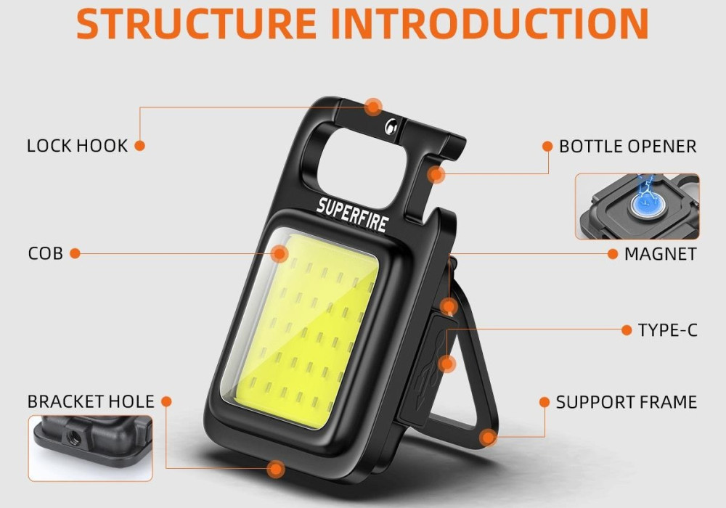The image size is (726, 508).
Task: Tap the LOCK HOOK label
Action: pos(77,146)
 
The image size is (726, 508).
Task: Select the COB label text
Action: pos(45,253)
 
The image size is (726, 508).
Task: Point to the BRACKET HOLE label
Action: pos(91,401)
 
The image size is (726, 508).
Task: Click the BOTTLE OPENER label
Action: pos(628,146)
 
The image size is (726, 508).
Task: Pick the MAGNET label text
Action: pos(660,254)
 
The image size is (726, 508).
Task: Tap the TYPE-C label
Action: pos(668,330)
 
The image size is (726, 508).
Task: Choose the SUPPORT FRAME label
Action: pos(627,402)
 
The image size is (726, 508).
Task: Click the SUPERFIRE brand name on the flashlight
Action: pos(352,214)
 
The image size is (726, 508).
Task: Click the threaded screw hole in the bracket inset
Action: pos(72,436)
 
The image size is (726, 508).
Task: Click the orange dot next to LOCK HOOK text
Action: pos(139,146)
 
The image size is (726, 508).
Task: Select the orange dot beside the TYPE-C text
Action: pos(627,330)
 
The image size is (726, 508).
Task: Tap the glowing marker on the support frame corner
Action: pos(487,437)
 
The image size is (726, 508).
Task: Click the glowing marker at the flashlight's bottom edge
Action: pos(277,469)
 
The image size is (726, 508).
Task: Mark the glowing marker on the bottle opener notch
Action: pos(436,175)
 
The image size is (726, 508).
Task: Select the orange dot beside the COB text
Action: pos(75,253)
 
